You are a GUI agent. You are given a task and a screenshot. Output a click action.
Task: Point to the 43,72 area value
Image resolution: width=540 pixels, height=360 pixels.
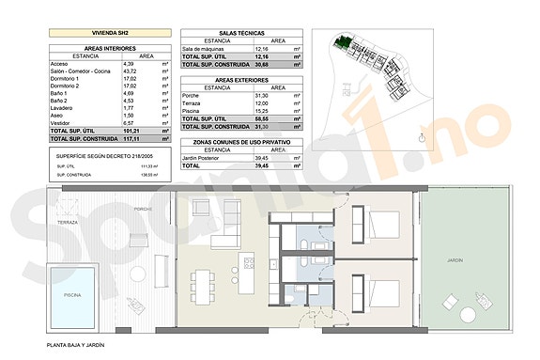click(130, 71)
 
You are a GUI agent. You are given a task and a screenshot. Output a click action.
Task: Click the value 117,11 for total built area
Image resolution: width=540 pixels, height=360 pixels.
click(130, 138)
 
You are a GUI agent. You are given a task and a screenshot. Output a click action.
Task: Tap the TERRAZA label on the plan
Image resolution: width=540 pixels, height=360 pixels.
click(67, 223)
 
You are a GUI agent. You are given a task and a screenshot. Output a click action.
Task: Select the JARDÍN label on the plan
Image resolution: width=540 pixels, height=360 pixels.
click(455, 259)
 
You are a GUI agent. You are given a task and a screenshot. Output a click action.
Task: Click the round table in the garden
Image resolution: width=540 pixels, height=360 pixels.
click(449, 304)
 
